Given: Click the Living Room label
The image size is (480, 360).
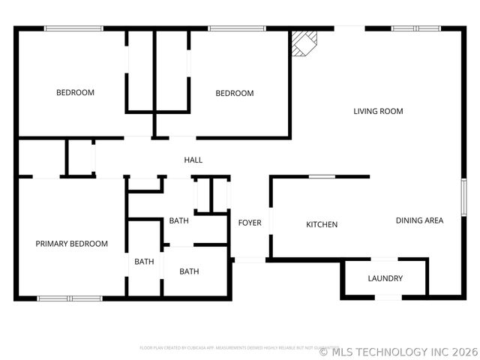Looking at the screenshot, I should click(378, 112).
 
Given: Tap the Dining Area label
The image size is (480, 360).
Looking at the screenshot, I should click(419, 220).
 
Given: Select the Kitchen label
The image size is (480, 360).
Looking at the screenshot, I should click(322, 224).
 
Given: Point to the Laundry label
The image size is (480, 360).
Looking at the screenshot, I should click(385, 278).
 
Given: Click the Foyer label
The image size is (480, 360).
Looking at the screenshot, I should click(250, 223).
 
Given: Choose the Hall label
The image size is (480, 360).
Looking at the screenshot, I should click(193, 160).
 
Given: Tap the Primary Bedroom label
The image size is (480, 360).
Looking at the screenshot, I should click(72, 244).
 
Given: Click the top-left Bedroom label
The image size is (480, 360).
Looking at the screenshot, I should click(76, 93).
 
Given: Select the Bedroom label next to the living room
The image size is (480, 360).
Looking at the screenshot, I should click(235, 94).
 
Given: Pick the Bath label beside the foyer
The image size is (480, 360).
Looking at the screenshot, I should click(178, 220).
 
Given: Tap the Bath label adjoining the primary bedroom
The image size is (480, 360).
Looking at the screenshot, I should click(144, 262).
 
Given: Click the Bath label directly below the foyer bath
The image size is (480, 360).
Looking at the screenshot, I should click(189, 271).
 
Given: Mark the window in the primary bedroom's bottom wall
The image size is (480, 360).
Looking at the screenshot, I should click(70, 298).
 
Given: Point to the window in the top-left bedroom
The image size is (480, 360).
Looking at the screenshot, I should click(73, 28).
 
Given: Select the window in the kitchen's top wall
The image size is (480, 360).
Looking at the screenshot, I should click(322, 177).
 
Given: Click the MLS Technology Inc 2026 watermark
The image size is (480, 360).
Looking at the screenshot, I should click(398, 351).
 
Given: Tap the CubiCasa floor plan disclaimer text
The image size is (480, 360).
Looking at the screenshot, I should click(234, 347).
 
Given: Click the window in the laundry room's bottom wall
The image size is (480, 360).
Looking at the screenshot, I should click(388, 298).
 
